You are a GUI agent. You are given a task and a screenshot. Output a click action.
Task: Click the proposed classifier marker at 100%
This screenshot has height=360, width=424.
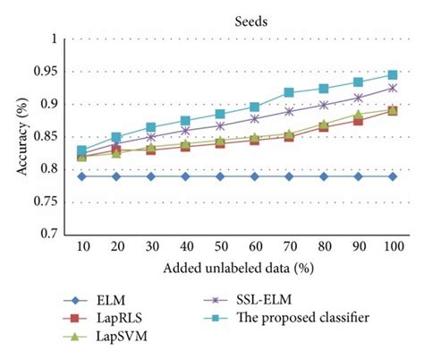392,75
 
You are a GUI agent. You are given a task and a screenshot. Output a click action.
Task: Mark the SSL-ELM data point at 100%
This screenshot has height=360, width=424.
392,88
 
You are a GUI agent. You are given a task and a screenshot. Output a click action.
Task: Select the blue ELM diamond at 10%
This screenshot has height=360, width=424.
82,176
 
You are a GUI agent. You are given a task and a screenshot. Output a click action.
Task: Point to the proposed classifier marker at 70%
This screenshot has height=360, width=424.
289,92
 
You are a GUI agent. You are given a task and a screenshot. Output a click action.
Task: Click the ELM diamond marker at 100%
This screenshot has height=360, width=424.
392,176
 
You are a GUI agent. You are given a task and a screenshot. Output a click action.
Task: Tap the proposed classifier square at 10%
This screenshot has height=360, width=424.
82,150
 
